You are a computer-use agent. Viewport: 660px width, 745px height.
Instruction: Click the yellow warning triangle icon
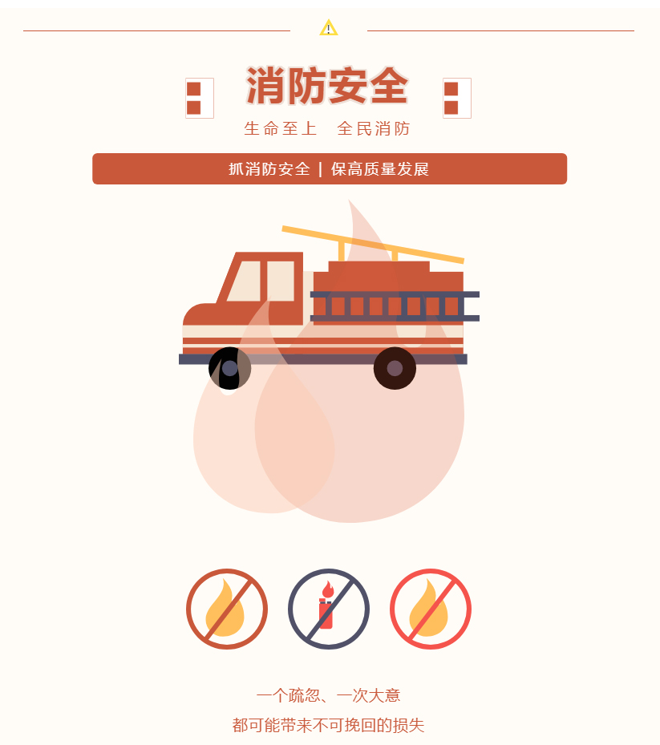(x=328, y=27)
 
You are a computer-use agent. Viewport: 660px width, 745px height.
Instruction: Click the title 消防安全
(x=327, y=86)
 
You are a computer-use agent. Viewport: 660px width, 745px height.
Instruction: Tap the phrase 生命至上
(x=281, y=128)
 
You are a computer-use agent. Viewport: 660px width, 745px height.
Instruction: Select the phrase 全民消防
(x=374, y=128)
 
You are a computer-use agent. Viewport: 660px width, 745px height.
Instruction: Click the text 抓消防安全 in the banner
(x=269, y=168)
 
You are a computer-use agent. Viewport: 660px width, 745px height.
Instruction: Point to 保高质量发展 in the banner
(x=379, y=168)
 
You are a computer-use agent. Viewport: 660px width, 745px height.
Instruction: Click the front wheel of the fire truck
(x=229, y=368)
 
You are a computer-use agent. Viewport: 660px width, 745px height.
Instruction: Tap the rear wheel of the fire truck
(x=395, y=368)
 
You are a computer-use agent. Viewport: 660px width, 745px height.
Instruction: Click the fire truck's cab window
(x=261, y=281)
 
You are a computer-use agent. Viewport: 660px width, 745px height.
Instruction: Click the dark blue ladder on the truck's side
(x=395, y=306)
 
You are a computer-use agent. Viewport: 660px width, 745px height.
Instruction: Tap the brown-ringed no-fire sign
(x=227, y=609)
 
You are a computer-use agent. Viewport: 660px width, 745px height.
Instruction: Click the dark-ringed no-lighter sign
(x=328, y=609)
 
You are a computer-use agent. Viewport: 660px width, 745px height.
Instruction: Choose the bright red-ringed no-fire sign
(x=431, y=609)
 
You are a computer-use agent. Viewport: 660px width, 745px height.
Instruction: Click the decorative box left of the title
(x=200, y=98)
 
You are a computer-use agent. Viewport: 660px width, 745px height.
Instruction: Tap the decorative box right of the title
(x=456, y=98)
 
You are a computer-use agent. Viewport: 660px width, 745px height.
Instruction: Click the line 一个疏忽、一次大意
(x=328, y=695)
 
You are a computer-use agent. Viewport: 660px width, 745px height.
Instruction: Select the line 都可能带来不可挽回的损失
(x=328, y=725)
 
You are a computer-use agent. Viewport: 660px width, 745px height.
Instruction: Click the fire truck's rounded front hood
(x=200, y=314)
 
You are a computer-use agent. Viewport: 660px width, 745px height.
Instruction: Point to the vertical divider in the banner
(x=320, y=169)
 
